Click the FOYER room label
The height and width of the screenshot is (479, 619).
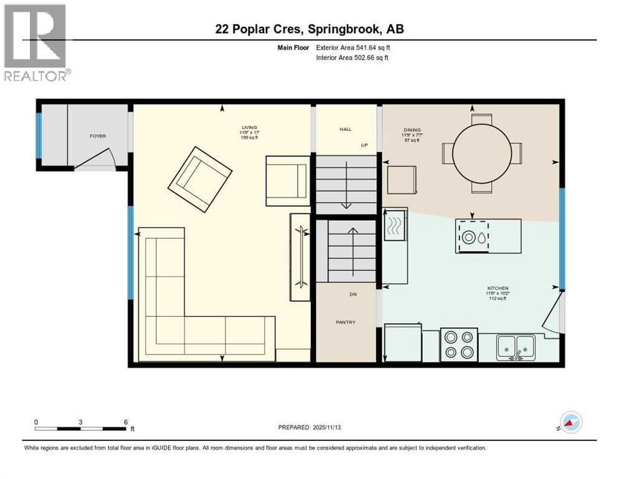(x=98, y=135)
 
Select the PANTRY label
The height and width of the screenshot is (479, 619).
(x=346, y=322)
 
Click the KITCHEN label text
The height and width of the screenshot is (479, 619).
(x=498, y=288)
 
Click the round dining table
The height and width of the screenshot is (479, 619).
(x=481, y=152)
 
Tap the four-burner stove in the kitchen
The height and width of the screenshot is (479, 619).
(x=460, y=344)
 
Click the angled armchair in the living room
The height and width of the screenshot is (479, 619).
(x=200, y=173)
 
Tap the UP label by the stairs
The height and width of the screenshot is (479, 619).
(x=365, y=145)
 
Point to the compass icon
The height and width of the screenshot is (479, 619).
(x=571, y=422)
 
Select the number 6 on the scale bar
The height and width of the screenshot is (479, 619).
(x=126, y=422)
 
